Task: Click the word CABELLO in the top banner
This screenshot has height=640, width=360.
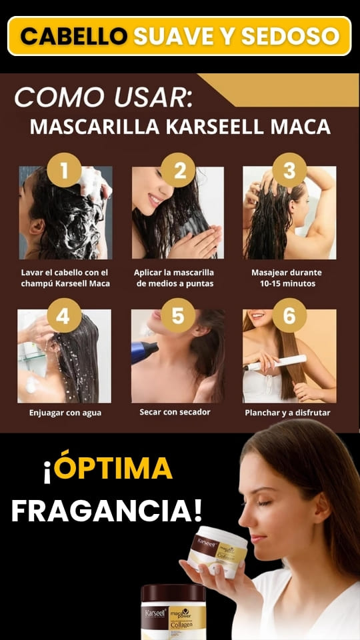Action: coord(74,36)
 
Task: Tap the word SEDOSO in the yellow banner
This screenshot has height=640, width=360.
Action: coord(291,36)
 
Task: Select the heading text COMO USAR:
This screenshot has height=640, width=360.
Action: coord(103,97)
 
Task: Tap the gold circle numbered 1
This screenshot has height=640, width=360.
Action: coord(64,170)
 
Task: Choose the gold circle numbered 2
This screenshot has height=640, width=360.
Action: coord(179,170)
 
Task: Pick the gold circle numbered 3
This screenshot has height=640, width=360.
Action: coord(289,170)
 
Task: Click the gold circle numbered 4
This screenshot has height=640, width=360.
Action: coord(64,315)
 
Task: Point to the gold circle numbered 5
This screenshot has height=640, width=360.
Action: coord(179,315)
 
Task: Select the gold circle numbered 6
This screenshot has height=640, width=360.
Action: coord(289,315)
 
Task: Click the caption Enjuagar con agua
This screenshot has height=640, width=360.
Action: coord(65,413)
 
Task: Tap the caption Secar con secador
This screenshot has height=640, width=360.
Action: coord(175,412)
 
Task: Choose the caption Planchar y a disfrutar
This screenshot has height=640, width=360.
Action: coord(287,413)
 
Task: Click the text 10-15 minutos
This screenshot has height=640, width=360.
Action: coord(287,283)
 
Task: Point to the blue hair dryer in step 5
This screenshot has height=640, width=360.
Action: coord(144,351)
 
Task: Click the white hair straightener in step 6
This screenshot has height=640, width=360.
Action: coord(275,363)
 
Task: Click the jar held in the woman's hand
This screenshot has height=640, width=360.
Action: coord(217,552)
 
